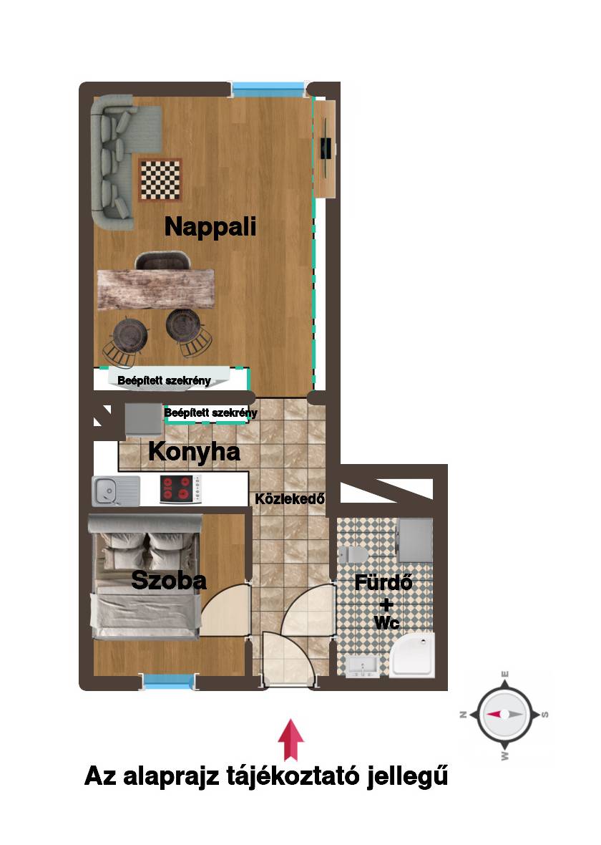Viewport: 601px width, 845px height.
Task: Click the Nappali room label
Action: click(210, 227)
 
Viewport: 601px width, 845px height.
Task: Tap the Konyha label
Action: click(194, 452)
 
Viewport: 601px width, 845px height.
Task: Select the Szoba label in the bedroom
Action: click(169, 580)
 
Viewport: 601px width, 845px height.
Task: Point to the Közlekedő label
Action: click(290, 499)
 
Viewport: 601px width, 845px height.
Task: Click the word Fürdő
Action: click(383, 583)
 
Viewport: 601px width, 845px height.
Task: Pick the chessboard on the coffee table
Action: click(160, 180)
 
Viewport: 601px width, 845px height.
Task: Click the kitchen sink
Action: click(116, 491)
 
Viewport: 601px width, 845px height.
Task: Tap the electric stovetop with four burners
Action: click(180, 489)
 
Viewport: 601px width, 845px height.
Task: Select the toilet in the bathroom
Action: click(354, 554)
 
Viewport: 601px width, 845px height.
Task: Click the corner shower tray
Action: click(412, 655)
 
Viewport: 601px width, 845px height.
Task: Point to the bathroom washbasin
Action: click(363, 666)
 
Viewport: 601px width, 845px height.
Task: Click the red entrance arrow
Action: click(290, 739)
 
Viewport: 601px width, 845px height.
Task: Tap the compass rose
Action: click(504, 714)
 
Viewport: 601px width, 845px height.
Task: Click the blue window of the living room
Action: click(268, 90)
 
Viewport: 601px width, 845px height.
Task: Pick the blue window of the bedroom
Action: click(168, 682)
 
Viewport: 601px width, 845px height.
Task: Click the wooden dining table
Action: click(156, 289)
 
